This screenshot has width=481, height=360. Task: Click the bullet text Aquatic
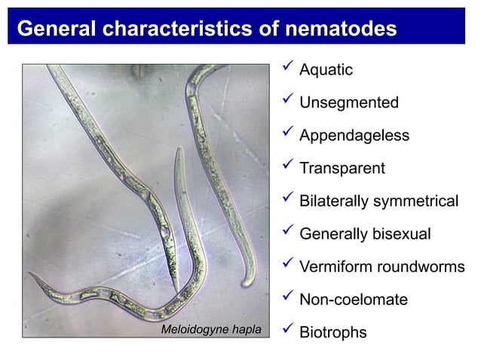tap(326, 70)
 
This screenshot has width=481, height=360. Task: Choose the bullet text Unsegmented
tap(348, 103)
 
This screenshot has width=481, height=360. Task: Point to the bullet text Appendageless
tap(354, 136)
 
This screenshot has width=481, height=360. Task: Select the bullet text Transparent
tap(342, 169)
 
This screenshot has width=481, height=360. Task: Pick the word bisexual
tap(401, 234)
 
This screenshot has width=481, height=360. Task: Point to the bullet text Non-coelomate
tap(353, 300)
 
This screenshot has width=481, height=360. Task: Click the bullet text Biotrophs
tap(332, 332)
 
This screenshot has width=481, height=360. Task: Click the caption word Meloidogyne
tap(191, 330)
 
